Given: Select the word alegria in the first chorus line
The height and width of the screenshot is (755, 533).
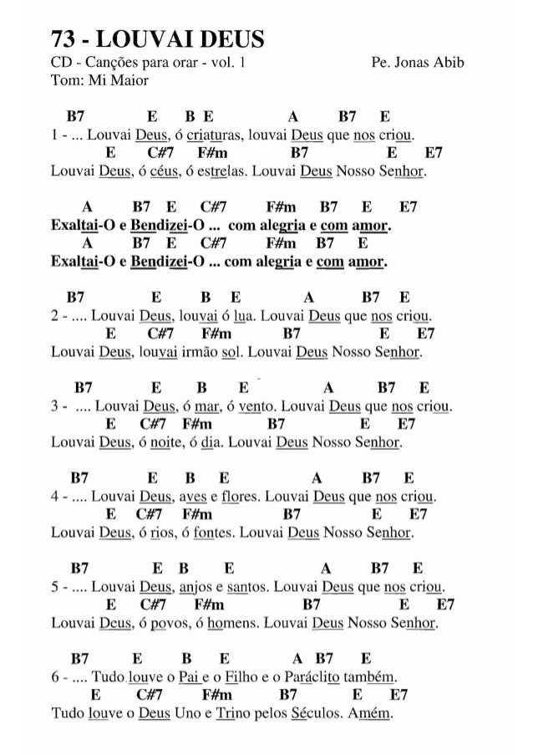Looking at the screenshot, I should pyautogui.click(x=292, y=227).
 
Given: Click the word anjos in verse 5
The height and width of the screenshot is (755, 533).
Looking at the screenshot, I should pyautogui.click(x=195, y=590).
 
